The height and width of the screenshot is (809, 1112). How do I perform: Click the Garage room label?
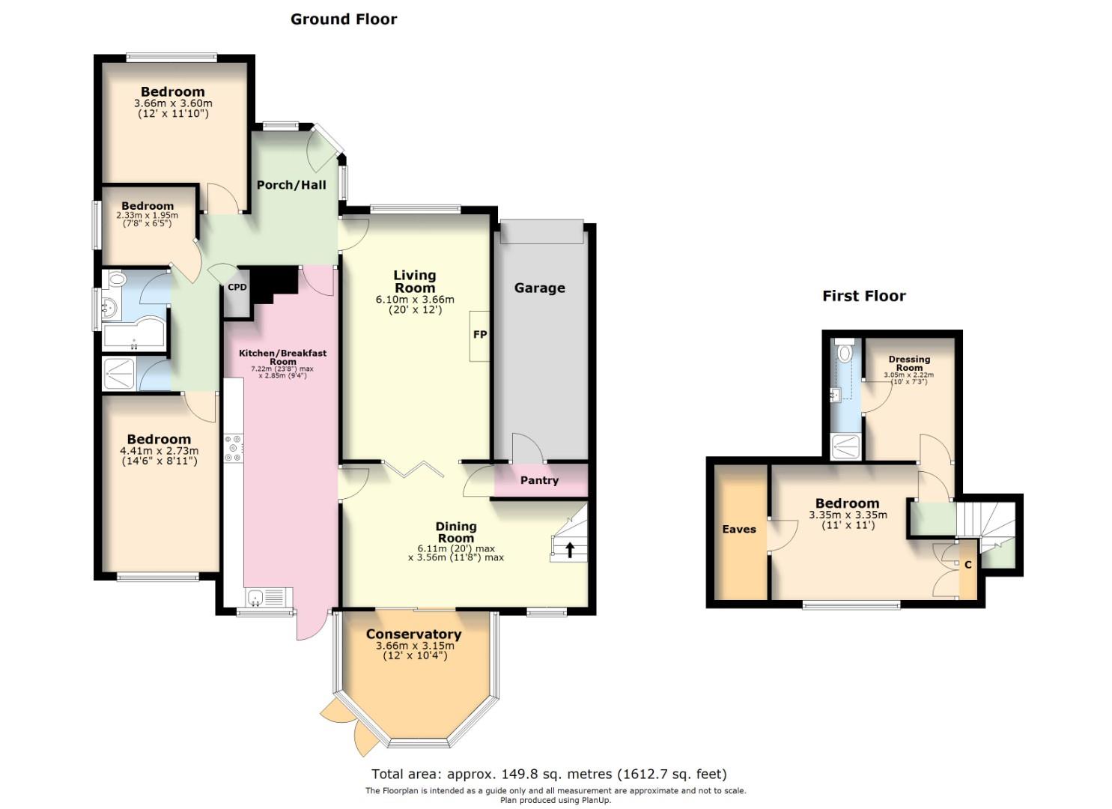(539, 288)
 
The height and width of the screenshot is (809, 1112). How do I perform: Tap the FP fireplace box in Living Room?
(479, 335)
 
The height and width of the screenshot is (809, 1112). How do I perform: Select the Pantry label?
(539, 480)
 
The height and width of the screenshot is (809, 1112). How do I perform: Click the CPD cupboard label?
(237, 287)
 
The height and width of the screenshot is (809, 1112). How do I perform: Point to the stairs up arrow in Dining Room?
(569, 551)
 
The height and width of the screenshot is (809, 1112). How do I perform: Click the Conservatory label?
(413, 634)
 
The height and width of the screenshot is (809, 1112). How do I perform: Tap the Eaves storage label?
(739, 529)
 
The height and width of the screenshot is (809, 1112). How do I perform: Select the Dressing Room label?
(909, 363)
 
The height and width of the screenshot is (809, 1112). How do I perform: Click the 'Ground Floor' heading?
(344, 19)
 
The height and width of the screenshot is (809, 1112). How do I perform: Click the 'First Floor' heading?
(864, 296)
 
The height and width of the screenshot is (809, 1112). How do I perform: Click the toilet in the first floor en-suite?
(845, 351)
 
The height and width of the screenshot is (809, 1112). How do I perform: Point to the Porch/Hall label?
(291, 184)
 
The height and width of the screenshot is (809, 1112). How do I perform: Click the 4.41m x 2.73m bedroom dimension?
(159, 451)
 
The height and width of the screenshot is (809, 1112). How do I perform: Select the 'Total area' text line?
(549, 774)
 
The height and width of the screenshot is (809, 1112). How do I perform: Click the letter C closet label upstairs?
(967, 565)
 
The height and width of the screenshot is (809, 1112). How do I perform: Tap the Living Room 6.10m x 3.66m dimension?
(415, 299)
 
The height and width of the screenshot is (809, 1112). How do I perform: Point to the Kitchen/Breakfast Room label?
(282, 357)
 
